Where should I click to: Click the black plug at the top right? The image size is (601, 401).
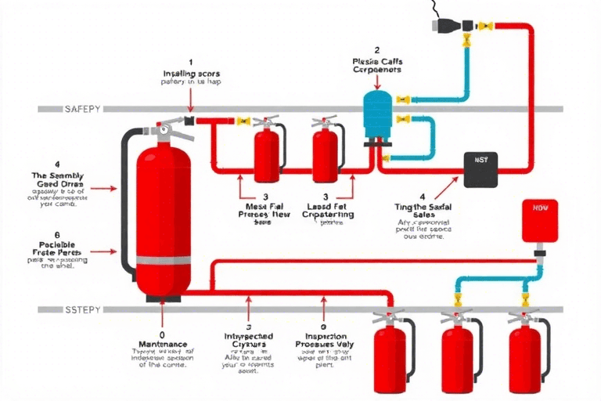(x=442, y=25)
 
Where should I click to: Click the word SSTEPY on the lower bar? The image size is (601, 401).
(x=81, y=311)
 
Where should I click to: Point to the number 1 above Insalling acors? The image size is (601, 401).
(x=190, y=60)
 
